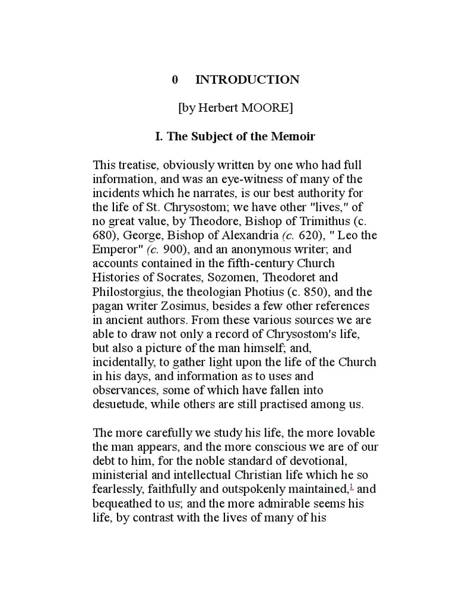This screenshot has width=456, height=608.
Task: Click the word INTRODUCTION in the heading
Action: [x=248, y=80]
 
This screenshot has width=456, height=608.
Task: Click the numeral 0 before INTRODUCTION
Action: [x=175, y=80]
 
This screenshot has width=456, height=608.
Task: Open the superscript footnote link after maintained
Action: [x=353, y=488]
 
